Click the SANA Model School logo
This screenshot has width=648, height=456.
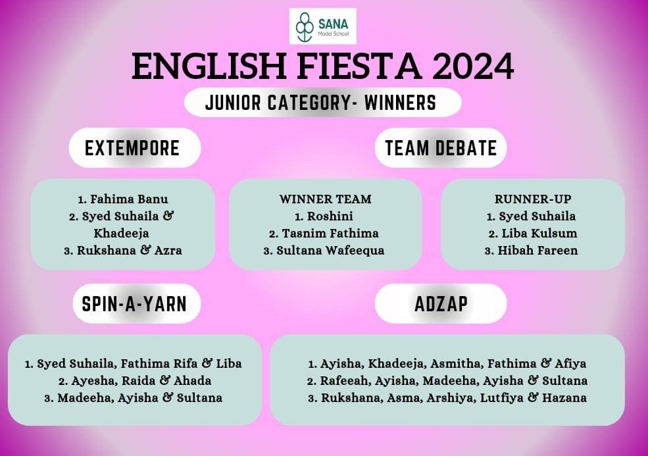click(323, 26)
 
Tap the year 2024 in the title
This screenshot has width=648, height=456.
click(473, 66)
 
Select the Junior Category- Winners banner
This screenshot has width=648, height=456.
click(323, 103)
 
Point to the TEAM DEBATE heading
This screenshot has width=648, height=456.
click(441, 148)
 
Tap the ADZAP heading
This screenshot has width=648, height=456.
click(441, 304)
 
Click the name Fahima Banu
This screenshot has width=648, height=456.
click(129, 199)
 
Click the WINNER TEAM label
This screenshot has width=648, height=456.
click(325, 199)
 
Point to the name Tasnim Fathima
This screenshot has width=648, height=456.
click(330, 234)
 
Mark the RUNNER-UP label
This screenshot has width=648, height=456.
click(533, 199)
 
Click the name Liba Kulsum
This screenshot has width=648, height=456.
click(539, 234)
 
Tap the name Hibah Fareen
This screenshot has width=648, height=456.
click(537, 251)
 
